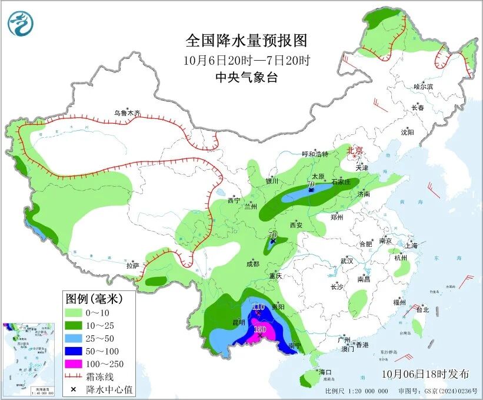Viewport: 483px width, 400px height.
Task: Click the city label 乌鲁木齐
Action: (x=128, y=113)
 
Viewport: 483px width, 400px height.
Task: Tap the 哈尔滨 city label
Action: (x=422, y=87)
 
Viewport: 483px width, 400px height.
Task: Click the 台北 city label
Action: (x=422, y=309)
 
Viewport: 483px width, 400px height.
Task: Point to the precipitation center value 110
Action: (x=258, y=308)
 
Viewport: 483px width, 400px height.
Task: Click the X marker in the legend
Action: (x=74, y=389)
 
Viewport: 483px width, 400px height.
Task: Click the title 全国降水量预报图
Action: (x=247, y=41)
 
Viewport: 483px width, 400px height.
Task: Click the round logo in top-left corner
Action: (x=21, y=24)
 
